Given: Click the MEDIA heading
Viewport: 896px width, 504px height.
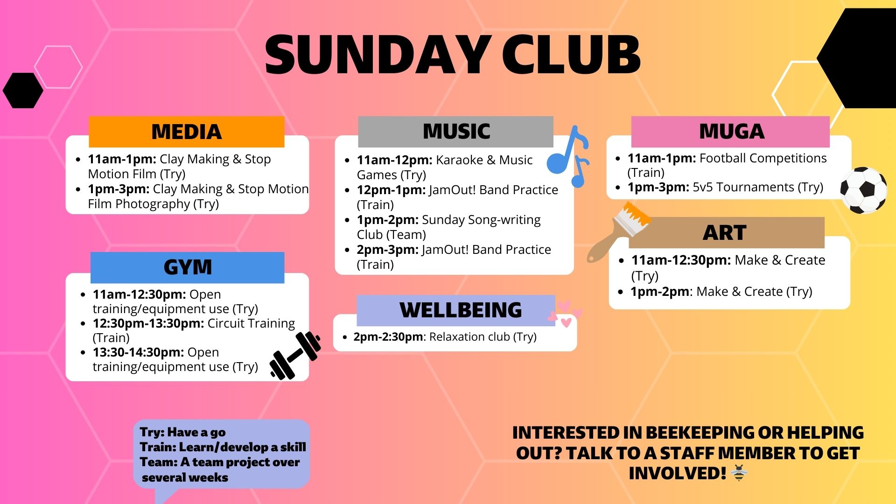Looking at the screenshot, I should (x=186, y=132).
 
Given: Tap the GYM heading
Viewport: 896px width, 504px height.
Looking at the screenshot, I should (x=188, y=267).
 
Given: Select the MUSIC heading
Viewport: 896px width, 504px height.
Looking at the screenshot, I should (x=456, y=132).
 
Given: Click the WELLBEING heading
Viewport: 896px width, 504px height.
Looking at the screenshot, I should (x=460, y=310).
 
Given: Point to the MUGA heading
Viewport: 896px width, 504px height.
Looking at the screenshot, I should (x=731, y=132).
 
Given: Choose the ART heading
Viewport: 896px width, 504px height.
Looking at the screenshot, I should (x=725, y=233).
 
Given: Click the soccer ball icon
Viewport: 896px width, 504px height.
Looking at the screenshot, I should (x=863, y=190).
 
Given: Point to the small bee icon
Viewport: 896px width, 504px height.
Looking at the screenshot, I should (x=739, y=473).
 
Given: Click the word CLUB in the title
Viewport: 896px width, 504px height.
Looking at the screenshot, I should (x=571, y=55).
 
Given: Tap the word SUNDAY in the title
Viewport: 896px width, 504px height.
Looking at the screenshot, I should (x=378, y=55).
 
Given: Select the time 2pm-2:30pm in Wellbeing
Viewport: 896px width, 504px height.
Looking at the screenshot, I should (x=388, y=337).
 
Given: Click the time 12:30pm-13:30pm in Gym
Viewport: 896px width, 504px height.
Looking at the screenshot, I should (x=148, y=323).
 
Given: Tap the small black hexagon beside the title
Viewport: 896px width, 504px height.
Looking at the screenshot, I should (x=23, y=91).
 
